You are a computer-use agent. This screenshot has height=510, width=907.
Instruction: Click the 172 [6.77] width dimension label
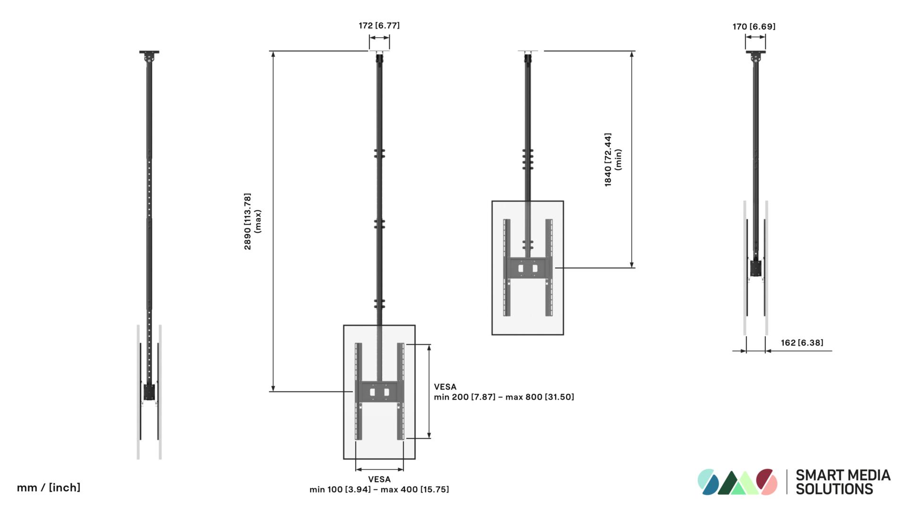point(379,25)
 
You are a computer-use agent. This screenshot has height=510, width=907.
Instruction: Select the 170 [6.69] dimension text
point(754,26)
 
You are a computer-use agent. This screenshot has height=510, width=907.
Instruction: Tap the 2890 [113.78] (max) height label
point(252,221)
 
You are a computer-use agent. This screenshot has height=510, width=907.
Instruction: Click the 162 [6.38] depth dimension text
point(802,343)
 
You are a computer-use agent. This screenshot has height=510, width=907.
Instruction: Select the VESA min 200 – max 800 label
point(504,392)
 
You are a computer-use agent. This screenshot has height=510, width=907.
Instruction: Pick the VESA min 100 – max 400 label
point(379,484)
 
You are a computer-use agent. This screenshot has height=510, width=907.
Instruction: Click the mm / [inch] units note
point(49,487)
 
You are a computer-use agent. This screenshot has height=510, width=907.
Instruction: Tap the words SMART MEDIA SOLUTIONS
point(843,482)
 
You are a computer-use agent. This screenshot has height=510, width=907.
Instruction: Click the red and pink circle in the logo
point(766,482)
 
